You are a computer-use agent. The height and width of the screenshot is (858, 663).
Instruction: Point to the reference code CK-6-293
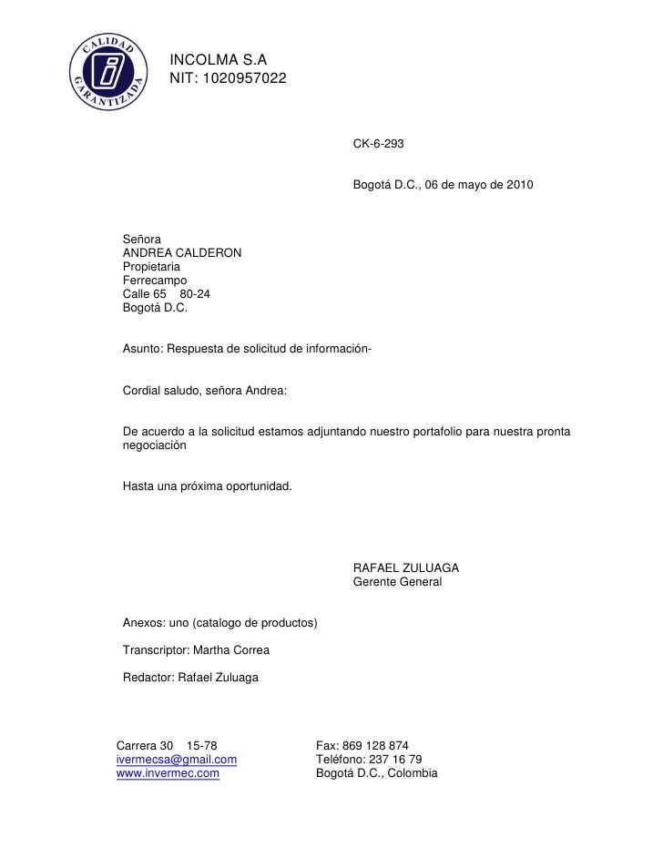coord(378,145)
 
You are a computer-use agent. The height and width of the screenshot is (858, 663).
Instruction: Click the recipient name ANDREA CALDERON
coord(182,252)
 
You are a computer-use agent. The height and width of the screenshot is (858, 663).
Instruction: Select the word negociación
coord(155,445)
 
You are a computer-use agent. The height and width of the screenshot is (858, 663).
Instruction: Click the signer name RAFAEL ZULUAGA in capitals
coord(405,567)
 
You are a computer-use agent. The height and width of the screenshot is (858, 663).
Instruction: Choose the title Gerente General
coord(397,581)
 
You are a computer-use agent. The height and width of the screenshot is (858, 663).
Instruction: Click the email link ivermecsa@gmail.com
coord(178,759)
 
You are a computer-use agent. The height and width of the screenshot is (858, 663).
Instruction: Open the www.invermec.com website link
coord(168,773)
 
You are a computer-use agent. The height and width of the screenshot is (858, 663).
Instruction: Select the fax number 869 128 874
coord(375,744)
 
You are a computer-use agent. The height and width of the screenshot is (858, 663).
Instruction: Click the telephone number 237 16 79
coord(396,759)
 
